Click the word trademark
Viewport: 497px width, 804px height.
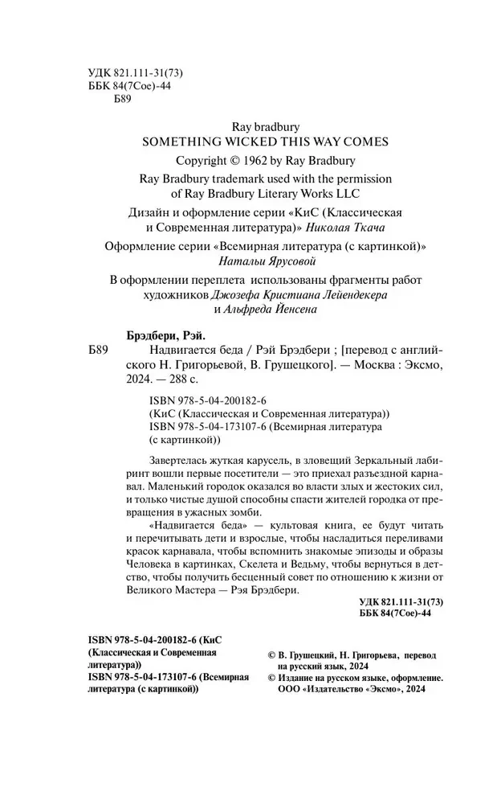click(226, 178)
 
